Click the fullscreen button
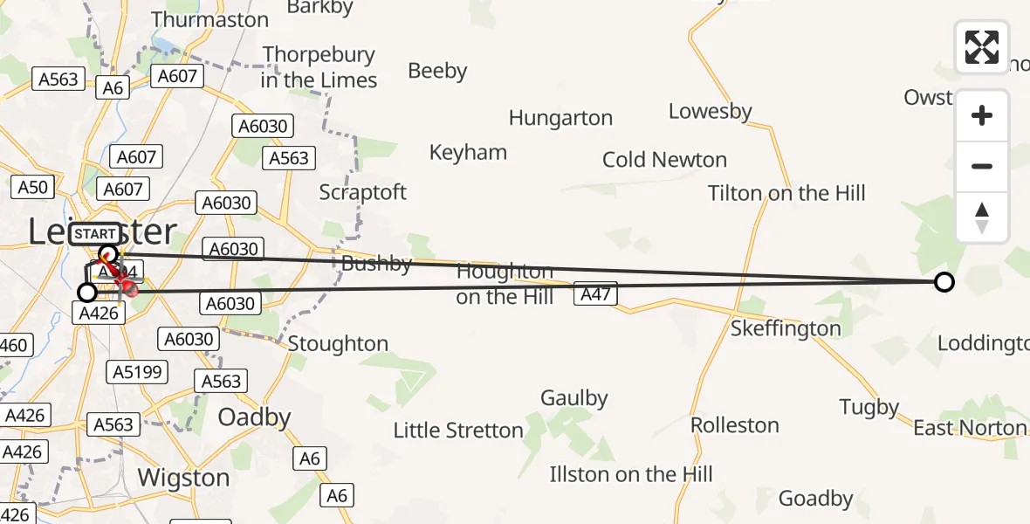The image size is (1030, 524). [x=982, y=47]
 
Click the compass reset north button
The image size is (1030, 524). [x=982, y=217]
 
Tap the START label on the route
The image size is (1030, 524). [x=94, y=234]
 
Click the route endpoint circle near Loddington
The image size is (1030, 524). [x=944, y=282]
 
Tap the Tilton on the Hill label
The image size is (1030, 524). [x=786, y=193]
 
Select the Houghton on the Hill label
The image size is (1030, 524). [x=505, y=285]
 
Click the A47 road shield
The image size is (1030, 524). [x=595, y=295]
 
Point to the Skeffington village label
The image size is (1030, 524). [x=786, y=328]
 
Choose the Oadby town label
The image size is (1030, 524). [x=254, y=417]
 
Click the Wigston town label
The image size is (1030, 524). [x=184, y=478]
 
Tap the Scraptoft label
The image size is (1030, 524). [x=363, y=192]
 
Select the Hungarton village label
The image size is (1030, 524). [x=560, y=118]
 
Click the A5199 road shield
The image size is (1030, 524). [x=138, y=372]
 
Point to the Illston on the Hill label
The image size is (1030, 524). [x=631, y=474]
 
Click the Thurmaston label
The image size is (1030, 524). [x=209, y=19]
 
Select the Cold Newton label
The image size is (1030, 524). [x=664, y=160]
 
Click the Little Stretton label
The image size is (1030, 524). [x=458, y=430]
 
